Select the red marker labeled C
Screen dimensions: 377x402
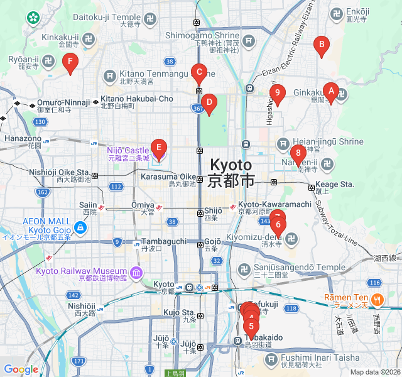199,73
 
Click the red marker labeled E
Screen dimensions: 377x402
159,148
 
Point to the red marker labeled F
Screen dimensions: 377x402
70,62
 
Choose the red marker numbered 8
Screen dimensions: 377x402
298,153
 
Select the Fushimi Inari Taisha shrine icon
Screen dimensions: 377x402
271,359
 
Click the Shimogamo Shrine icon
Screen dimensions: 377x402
249,41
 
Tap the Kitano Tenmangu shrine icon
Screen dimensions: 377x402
111,76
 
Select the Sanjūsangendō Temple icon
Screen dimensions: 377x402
244,270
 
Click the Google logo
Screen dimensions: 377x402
21,369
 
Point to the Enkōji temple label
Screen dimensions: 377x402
356,11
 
